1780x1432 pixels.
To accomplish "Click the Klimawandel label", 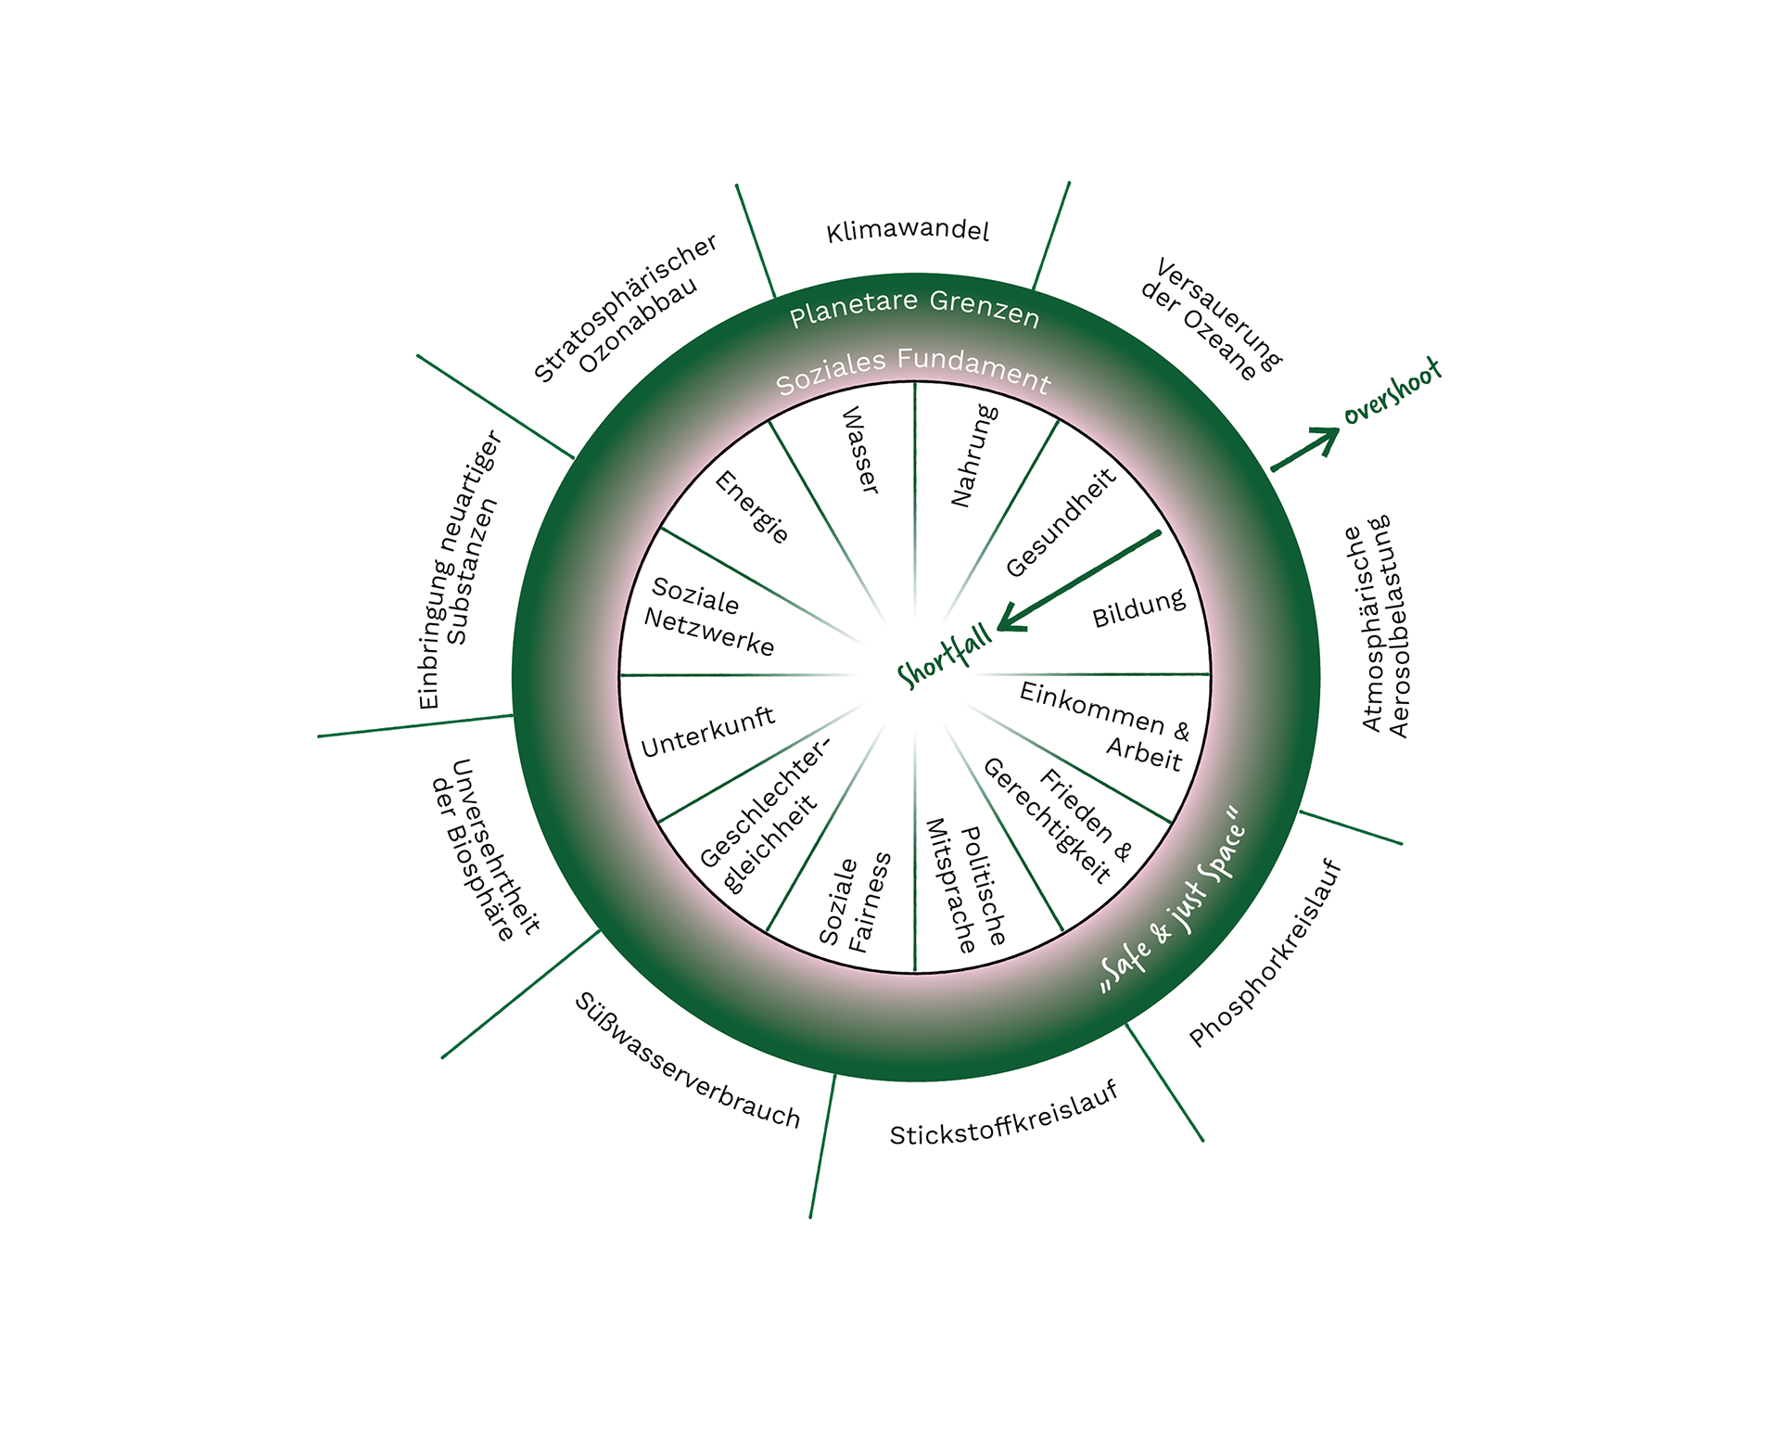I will tap(908, 231).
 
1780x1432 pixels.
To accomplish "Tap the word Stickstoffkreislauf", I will tap(1004, 1114).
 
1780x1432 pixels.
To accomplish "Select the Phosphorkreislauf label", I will tap(1265, 953).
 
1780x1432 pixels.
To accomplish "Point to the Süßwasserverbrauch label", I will tap(687, 1061).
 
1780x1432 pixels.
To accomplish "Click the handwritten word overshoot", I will tap(1392, 391).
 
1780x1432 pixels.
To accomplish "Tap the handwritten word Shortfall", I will tap(945, 657).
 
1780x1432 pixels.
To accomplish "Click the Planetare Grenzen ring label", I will tap(914, 308).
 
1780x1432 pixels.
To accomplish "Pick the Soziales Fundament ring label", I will tap(913, 368).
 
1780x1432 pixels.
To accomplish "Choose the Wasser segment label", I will tap(859, 450).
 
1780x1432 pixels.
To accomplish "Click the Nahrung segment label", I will tap(974, 455).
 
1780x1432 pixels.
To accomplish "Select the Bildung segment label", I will tap(1138, 608).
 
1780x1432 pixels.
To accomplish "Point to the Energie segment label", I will tap(752, 506).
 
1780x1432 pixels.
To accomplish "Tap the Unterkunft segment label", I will tap(707, 732).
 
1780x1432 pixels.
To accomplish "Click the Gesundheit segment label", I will tap(1061, 522).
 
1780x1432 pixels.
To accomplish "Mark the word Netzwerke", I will tap(709, 633).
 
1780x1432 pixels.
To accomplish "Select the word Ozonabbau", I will tap(638, 325).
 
